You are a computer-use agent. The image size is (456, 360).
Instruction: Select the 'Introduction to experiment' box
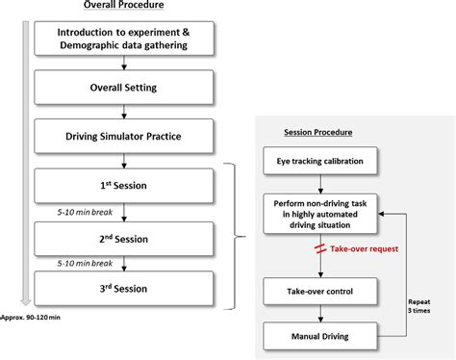(122, 38)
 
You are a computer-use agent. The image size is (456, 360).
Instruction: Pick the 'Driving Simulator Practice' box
(122, 135)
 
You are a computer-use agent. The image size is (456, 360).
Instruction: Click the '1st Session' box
(122, 184)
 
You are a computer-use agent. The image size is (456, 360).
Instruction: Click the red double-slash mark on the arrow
(316, 249)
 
